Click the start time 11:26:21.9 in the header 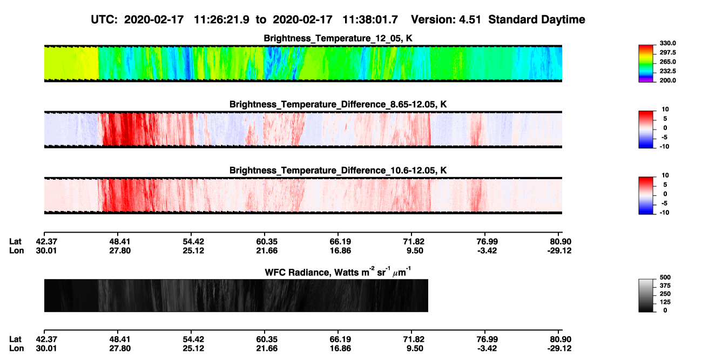coord(221,19)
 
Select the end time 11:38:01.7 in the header coord(370,19)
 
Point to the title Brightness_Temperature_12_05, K coord(338,38)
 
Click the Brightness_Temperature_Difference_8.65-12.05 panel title coord(338,104)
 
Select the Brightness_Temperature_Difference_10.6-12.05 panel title coord(338,171)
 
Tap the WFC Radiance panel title coord(338,272)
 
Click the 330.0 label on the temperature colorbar coord(667,43)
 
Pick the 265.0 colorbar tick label coord(667,62)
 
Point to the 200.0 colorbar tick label coord(667,80)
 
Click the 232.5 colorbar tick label coord(667,71)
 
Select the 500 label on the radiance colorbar coord(665,277)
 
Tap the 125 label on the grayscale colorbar coord(665,302)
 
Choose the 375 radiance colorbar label coord(665,286)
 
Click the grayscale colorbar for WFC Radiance coord(646,295)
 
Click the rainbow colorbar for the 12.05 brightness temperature coord(646,64)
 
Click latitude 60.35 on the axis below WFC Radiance coord(267,339)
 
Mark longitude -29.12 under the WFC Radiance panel coord(559,349)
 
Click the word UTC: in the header coord(104,19)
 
